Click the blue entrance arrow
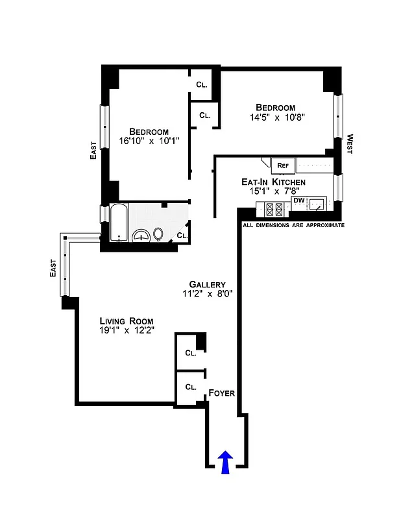[x=226, y=463]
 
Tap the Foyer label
[x=221, y=393]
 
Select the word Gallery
[x=207, y=284]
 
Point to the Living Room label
[x=126, y=321]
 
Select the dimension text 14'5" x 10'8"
[x=275, y=117]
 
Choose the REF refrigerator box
[x=283, y=165]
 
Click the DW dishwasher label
[x=298, y=200]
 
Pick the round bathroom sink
[x=141, y=236]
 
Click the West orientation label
[x=350, y=143]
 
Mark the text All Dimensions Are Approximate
[x=293, y=225]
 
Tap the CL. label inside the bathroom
[x=182, y=235]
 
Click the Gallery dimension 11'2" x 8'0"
[x=207, y=294]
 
